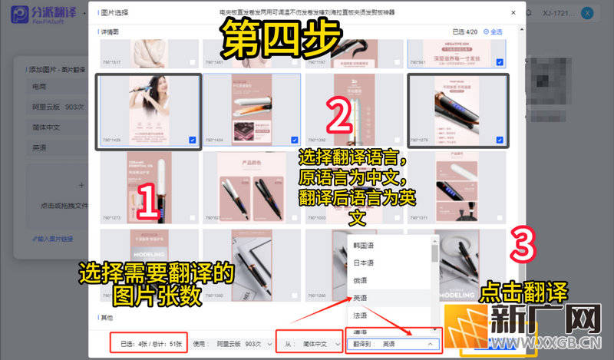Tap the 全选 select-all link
pyautogui.click(x=494, y=31)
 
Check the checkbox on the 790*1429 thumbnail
pyautogui.click(x=192, y=140)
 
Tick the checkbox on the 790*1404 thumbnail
pyautogui.click(x=294, y=140)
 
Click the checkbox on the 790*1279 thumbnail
pyautogui.click(x=500, y=140)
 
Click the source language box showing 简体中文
pyautogui.click(x=310, y=344)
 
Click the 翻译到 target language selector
pyautogui.click(x=394, y=344)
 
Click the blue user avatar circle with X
pyautogui.click(x=587, y=14)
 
